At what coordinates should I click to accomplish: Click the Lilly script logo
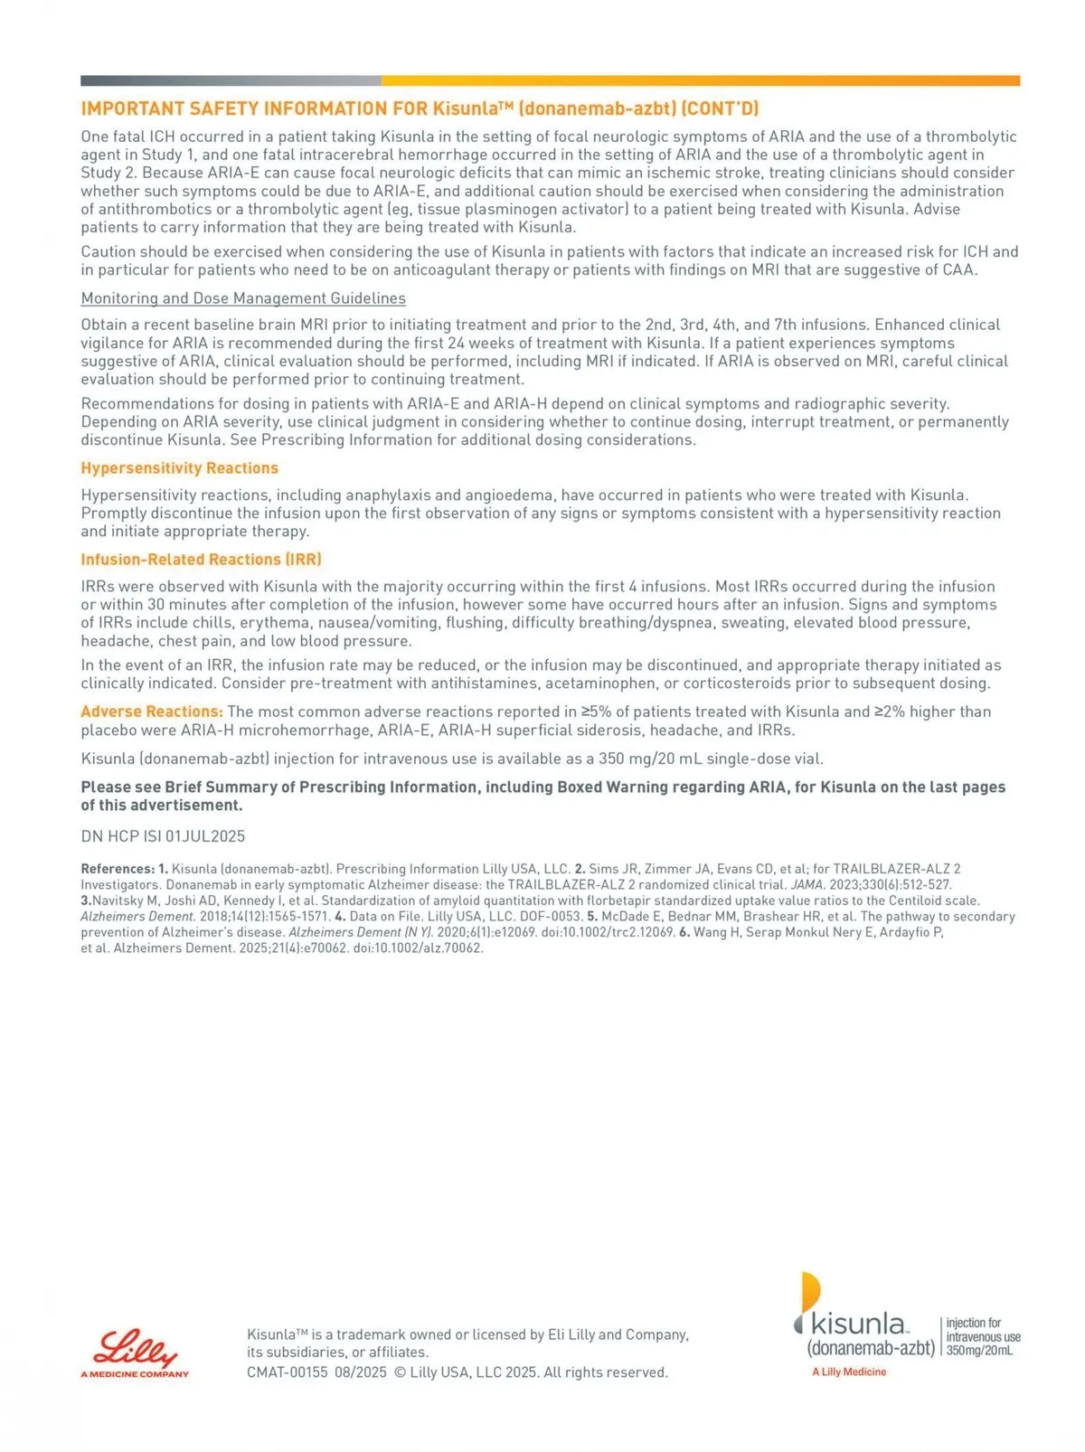(137, 1348)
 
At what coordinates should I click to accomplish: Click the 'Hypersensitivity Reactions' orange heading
(179, 468)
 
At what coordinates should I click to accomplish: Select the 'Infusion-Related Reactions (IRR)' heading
(201, 560)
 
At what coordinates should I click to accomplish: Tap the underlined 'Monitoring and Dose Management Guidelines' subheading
(243, 298)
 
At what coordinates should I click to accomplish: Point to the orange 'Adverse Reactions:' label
(151, 712)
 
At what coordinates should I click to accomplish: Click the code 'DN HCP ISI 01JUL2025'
(163, 836)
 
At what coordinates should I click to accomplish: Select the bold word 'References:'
(118, 869)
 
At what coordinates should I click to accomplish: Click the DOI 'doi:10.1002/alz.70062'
(418, 948)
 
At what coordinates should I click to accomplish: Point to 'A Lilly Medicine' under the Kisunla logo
(849, 1372)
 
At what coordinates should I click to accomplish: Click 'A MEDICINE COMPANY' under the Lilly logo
(135, 1374)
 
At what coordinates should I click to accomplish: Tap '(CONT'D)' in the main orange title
(720, 109)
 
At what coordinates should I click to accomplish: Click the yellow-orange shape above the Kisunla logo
(810, 1289)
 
